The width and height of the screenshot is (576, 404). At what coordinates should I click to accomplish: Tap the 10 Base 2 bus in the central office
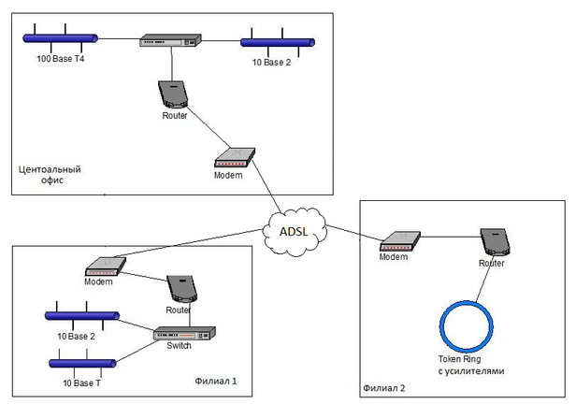coord(278,41)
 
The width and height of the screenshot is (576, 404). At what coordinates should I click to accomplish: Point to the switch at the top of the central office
coord(170,40)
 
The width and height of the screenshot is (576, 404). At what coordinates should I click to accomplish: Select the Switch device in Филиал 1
coord(184,334)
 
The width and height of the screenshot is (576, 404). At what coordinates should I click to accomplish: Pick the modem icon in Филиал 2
coord(396,241)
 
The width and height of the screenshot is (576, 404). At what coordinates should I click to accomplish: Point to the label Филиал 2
coord(385,387)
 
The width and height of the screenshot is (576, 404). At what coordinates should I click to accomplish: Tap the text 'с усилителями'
coord(470,371)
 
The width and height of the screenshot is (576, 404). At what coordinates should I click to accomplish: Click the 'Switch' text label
coord(180,346)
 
